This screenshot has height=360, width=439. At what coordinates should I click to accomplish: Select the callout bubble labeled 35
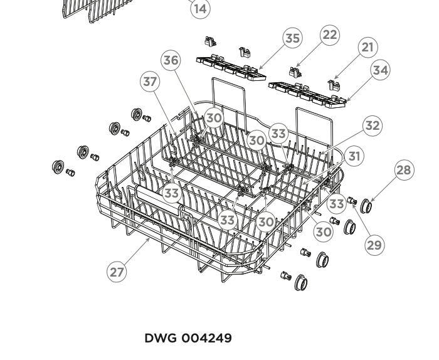click(x=292, y=38)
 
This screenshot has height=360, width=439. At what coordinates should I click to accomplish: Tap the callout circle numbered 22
click(x=329, y=35)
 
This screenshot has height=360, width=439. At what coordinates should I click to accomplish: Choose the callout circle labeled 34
click(x=380, y=70)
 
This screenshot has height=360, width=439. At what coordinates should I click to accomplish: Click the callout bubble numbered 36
click(x=171, y=60)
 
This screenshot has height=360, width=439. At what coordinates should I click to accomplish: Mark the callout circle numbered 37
click(x=150, y=82)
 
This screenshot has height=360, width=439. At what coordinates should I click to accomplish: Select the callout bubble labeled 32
click(x=373, y=125)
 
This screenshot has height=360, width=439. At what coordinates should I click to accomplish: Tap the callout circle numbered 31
click(x=355, y=156)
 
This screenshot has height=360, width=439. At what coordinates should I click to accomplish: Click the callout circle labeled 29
click(x=374, y=245)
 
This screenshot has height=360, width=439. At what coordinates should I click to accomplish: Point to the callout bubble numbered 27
click(x=117, y=272)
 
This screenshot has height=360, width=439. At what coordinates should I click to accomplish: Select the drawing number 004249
click(x=206, y=339)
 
